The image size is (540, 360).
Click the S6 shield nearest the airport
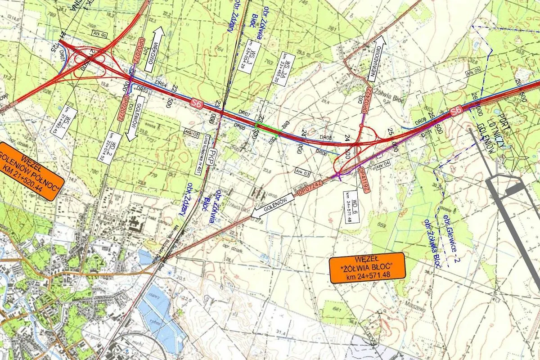tap(456, 109)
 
